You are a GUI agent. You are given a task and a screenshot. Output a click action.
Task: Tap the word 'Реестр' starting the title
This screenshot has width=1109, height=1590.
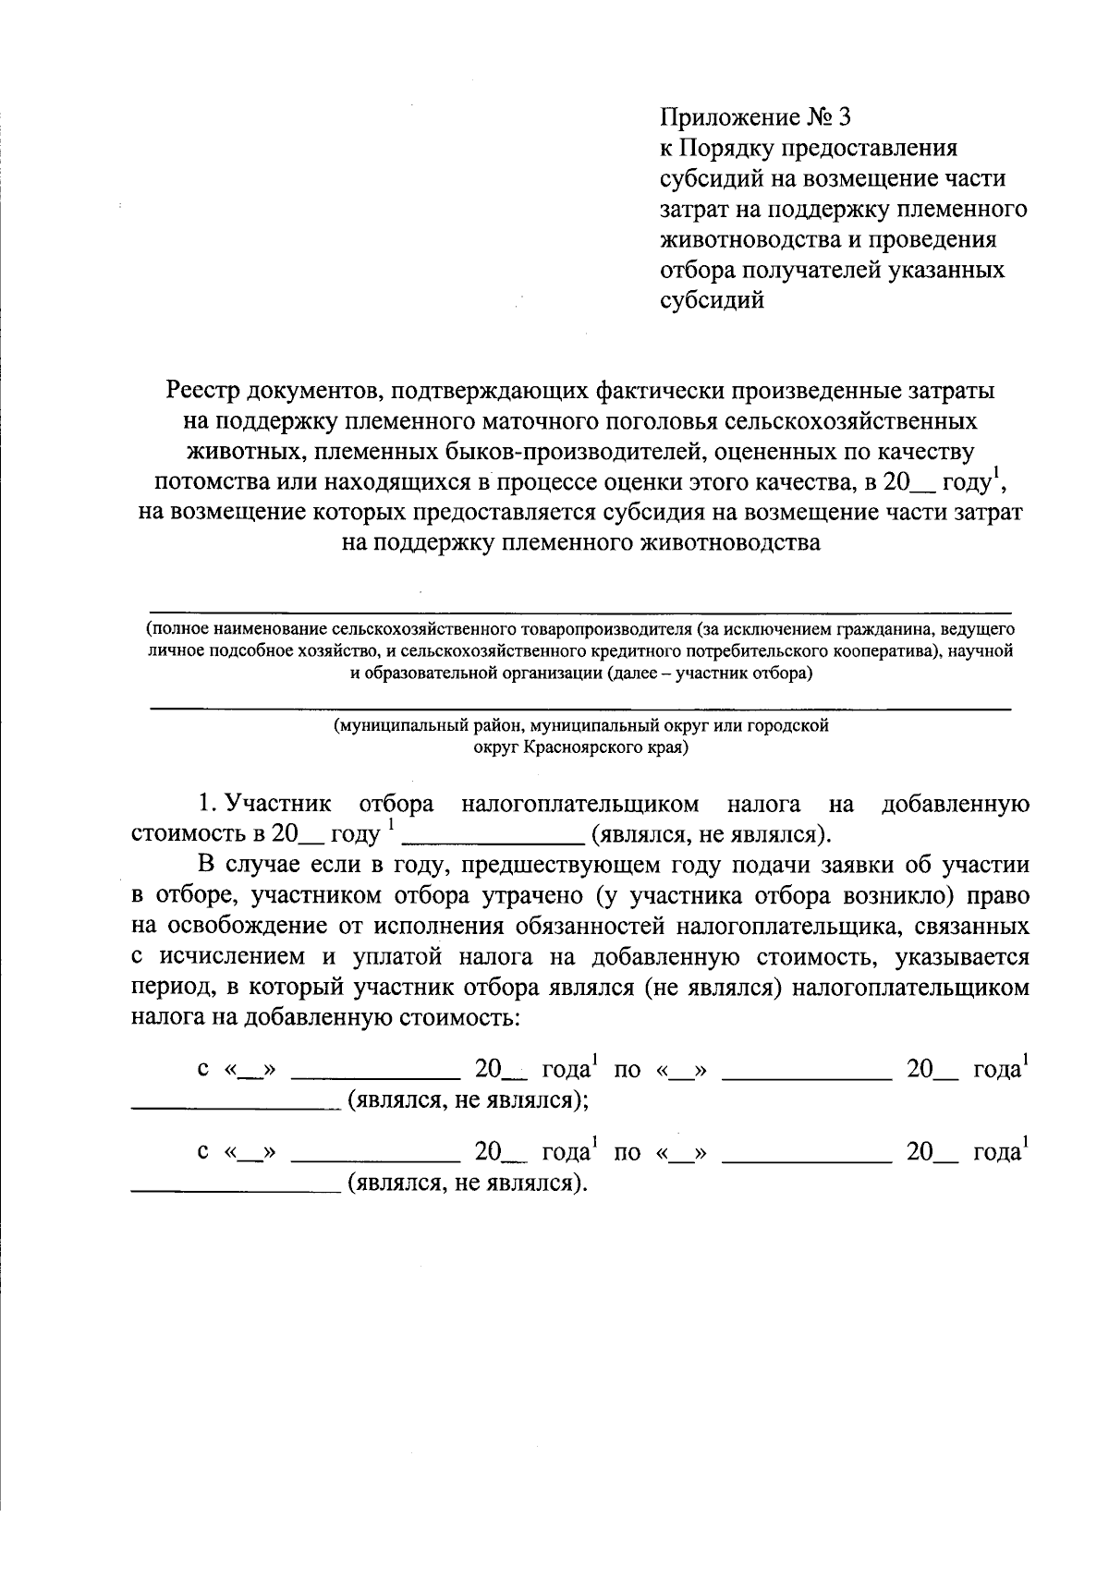point(208,391)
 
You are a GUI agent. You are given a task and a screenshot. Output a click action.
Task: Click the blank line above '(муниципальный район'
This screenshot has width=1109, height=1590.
point(580,710)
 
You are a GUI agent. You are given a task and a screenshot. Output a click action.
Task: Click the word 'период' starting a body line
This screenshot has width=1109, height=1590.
point(171,987)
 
